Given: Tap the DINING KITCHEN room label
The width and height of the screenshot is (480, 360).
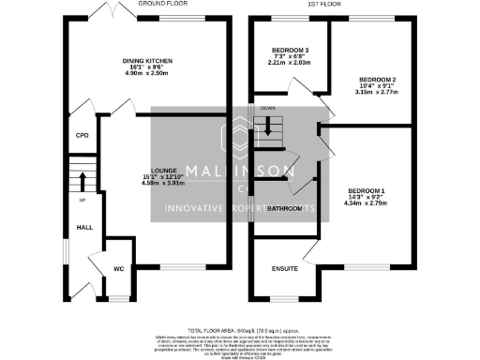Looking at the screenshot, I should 146,61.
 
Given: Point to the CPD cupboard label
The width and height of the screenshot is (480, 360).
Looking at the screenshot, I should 81,136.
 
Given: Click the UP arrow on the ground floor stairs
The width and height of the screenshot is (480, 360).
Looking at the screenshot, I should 82,177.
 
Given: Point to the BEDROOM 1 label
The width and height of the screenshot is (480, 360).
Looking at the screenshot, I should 365,188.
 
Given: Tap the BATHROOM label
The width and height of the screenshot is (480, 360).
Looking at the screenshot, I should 283,208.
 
